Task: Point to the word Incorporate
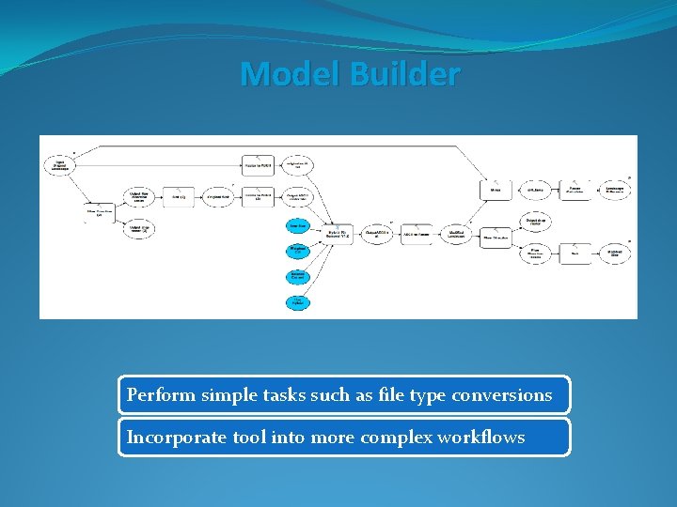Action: tap(173, 438)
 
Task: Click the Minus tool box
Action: tap(495, 190)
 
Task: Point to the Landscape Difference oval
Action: tap(615, 190)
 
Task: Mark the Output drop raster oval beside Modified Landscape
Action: tap(534, 223)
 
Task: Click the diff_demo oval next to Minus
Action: tap(534, 190)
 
